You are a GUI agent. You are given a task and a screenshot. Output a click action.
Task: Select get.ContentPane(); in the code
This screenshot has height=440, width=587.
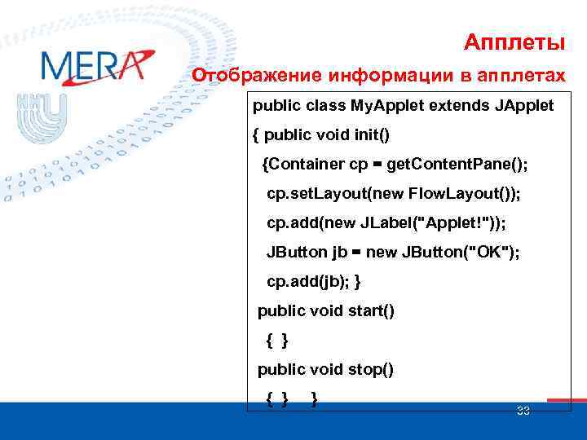[x=457, y=165]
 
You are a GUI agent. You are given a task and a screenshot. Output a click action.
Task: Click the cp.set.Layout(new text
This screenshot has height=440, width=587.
[x=338, y=194]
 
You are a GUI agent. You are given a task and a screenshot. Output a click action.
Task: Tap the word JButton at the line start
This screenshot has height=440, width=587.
[x=297, y=253]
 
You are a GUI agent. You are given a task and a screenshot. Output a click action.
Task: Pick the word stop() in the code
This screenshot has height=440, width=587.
[x=366, y=369]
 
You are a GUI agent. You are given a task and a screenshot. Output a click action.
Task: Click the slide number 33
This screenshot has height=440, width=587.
[x=523, y=411]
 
